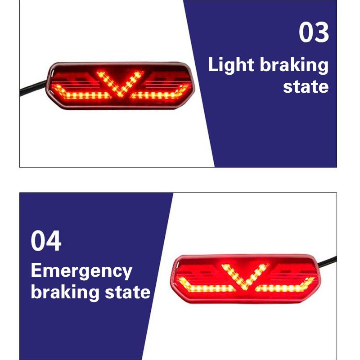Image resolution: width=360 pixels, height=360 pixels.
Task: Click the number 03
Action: pos(314,33)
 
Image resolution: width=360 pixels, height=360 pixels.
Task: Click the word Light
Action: pos(231,65)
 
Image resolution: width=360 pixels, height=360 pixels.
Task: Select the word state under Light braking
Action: pos(306,86)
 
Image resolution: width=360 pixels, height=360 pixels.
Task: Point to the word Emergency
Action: pos(81,271)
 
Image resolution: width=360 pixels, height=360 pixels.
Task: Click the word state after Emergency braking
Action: pos(128,292)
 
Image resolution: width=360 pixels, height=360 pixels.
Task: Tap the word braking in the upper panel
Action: pos(294,66)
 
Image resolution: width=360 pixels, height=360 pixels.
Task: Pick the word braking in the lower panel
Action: pos(65,292)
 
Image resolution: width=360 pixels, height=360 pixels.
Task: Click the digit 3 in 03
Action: pos(322,33)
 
